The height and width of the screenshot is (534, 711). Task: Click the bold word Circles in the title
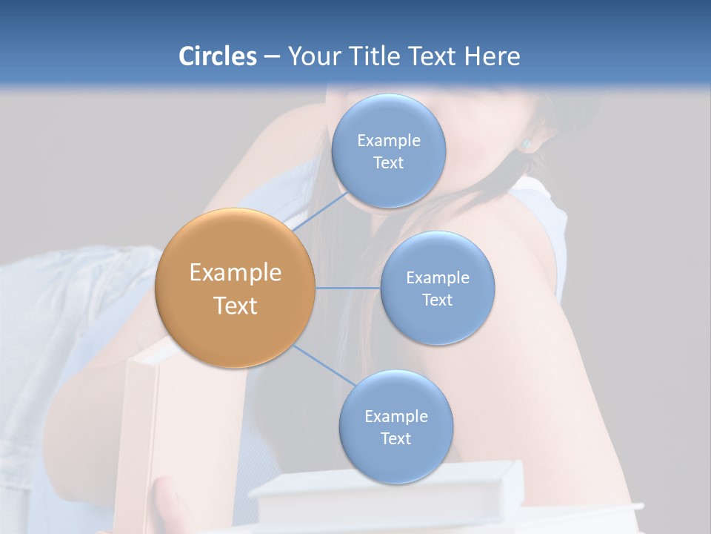[217, 56]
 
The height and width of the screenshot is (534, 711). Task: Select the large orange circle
[235, 288]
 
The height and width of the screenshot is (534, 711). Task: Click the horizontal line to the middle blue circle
[348, 288]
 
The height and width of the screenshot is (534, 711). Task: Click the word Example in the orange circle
[236, 273]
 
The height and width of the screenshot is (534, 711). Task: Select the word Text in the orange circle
[236, 306]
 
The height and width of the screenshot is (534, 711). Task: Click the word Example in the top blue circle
[389, 140]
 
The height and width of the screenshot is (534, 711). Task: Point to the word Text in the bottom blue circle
[396, 438]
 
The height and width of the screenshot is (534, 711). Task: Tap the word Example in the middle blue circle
[438, 277]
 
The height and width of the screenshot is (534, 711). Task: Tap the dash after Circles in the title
[272, 56]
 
